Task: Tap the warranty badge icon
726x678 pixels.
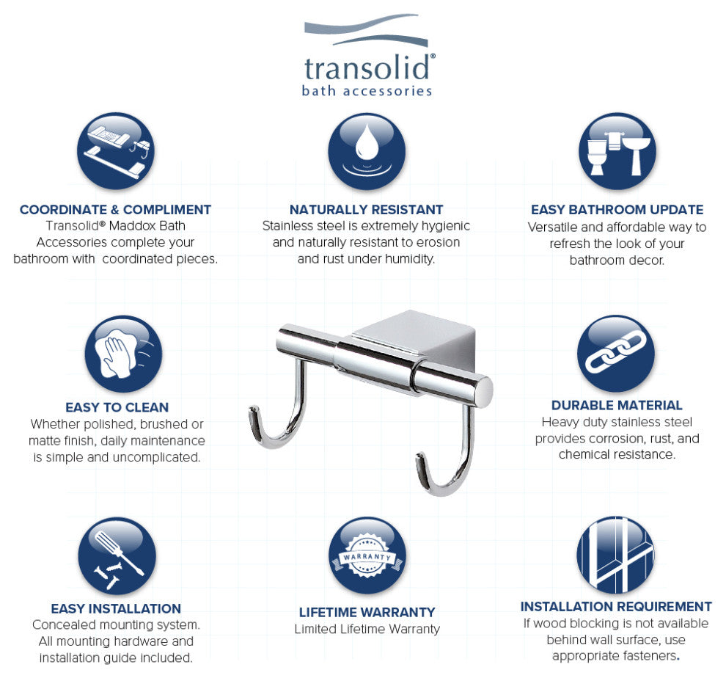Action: [366, 556]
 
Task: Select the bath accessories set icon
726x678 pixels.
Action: [116, 151]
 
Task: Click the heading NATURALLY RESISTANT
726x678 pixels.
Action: [366, 210]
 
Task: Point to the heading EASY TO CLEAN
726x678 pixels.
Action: [117, 407]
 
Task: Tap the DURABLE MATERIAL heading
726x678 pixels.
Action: [617, 405]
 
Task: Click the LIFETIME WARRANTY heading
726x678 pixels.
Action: [367, 612]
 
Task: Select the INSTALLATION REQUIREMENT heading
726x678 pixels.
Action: [616, 607]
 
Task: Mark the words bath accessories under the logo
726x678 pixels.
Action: [367, 91]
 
